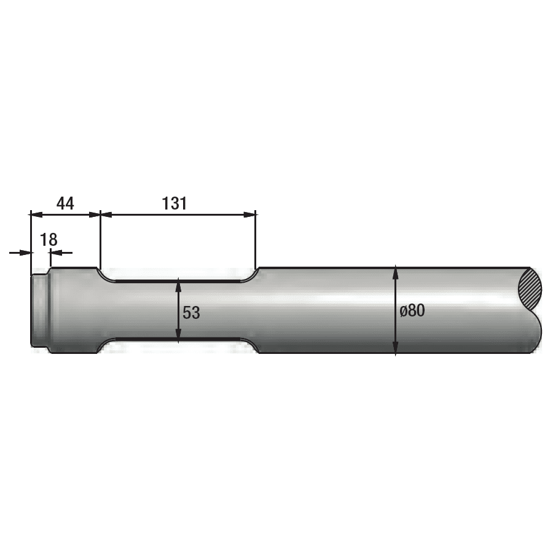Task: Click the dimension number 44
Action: [x=65, y=203]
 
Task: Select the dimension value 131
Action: [x=175, y=203]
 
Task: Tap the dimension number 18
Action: [x=49, y=240]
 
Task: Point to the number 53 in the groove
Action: [x=191, y=313]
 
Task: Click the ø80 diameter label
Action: [x=412, y=311]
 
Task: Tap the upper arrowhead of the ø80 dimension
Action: [x=396, y=272]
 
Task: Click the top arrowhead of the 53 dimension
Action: [x=178, y=285]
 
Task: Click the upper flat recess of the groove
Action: [x=178, y=280]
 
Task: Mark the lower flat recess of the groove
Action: [x=178, y=340]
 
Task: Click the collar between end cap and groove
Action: [x=74, y=310]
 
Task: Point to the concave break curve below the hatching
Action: [x=536, y=332]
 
